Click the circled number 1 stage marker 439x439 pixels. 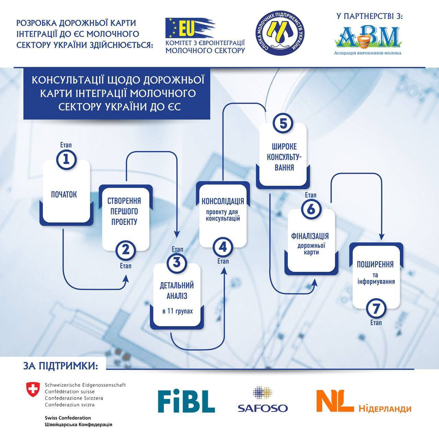[x=66, y=159]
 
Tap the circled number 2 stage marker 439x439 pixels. [x=126, y=250]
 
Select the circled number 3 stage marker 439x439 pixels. [x=177, y=263]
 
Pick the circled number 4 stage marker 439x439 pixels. [x=223, y=247]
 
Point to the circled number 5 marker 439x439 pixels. [x=283, y=123]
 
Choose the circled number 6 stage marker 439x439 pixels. [x=311, y=209]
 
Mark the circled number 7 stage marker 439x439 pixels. [x=376, y=309]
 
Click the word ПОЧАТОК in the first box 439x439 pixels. [x=64, y=195]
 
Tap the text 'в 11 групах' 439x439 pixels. [x=177, y=311]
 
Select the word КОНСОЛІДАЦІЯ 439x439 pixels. [x=223, y=201]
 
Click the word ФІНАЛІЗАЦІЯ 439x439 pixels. [x=310, y=236]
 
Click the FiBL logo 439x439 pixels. [x=186, y=401]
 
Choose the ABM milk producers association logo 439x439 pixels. [x=368, y=38]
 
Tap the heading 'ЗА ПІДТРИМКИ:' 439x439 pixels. [x=60, y=366]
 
